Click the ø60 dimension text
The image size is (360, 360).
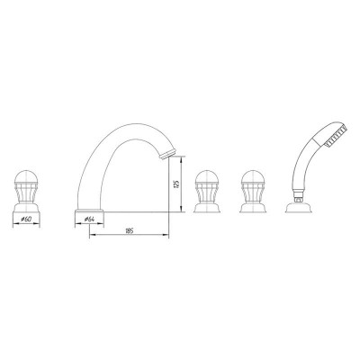[26, 219]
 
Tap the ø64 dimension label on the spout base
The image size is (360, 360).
[90, 218]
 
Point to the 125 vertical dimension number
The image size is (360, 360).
[179, 184]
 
